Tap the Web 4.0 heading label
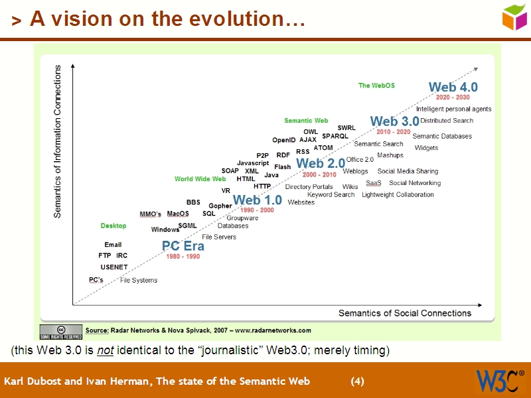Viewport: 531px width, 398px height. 453,87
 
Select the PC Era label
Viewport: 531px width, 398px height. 183,246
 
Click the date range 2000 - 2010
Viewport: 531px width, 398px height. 319,174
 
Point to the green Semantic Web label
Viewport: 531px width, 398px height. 306,121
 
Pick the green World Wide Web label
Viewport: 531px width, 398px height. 200,179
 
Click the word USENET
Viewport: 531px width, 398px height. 114,267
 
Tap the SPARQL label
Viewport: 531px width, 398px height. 335,136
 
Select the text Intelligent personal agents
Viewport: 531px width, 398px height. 453,109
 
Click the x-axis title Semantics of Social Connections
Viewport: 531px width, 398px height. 405,313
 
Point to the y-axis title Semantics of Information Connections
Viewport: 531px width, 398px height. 58,141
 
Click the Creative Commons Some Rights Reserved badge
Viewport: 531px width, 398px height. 61,330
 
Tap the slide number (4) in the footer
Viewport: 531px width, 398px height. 358,381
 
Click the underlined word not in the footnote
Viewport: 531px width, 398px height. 106,350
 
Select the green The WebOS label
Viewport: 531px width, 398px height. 376,86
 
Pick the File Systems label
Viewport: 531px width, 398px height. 139,281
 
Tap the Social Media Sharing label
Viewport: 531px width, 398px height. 408,171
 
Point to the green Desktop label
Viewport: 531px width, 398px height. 114,226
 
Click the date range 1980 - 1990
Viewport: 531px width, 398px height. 183,257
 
